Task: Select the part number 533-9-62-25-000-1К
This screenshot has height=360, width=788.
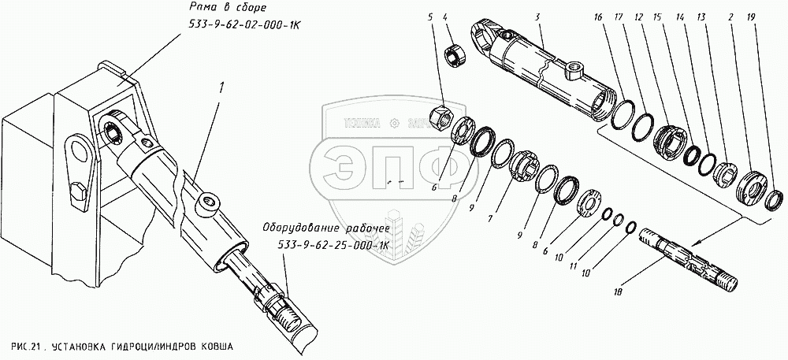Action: click(335, 246)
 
